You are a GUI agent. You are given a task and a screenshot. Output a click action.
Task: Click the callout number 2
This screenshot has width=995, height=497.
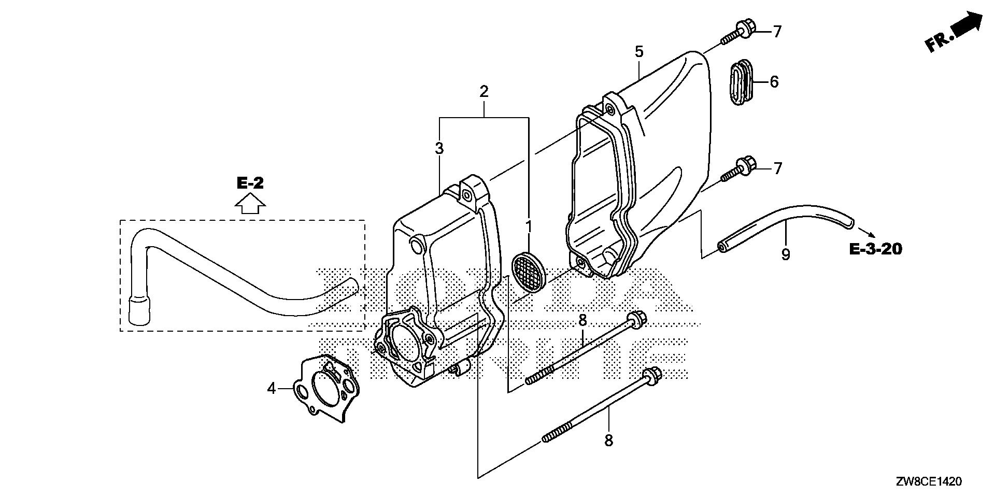coord(484,92)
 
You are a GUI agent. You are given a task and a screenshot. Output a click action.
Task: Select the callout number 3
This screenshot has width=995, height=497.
coord(439,149)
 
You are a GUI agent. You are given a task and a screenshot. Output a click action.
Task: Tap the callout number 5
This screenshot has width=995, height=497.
coord(639,52)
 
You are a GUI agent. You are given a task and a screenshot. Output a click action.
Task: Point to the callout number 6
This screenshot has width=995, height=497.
coord(774,82)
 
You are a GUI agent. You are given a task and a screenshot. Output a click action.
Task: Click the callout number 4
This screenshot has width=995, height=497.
coord(272,388)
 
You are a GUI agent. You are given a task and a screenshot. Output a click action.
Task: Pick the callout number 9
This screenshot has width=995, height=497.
coord(786,254)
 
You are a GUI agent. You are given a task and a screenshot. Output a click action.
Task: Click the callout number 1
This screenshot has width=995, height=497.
coord(529,226)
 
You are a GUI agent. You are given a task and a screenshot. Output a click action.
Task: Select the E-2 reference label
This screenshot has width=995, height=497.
coord(250,183)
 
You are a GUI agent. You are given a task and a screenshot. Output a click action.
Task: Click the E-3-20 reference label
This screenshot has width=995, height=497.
coord(875,249)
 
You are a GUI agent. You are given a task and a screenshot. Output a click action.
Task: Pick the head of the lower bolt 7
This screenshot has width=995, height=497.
coord(748,165)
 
